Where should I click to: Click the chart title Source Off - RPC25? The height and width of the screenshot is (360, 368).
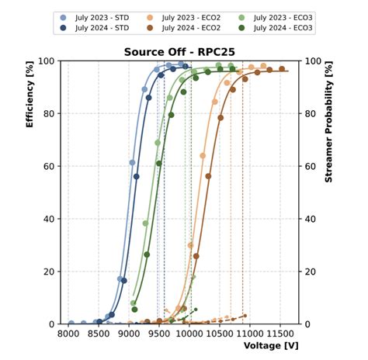(x=179, y=52)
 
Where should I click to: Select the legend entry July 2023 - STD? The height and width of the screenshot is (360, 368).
(x=98, y=16)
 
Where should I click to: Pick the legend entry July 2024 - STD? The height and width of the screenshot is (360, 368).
(x=98, y=27)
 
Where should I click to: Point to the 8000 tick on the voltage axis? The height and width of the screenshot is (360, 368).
(x=68, y=334)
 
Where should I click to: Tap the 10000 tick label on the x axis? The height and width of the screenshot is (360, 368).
(x=190, y=334)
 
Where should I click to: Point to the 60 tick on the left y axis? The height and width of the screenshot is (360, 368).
(x=48, y=166)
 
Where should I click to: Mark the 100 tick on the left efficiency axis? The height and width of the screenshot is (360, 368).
(x=46, y=61)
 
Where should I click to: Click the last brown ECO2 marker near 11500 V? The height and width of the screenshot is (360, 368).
(x=282, y=69)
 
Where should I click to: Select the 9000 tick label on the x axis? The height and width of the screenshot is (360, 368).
(x=129, y=334)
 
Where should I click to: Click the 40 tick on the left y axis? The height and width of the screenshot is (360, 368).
(x=48, y=219)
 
